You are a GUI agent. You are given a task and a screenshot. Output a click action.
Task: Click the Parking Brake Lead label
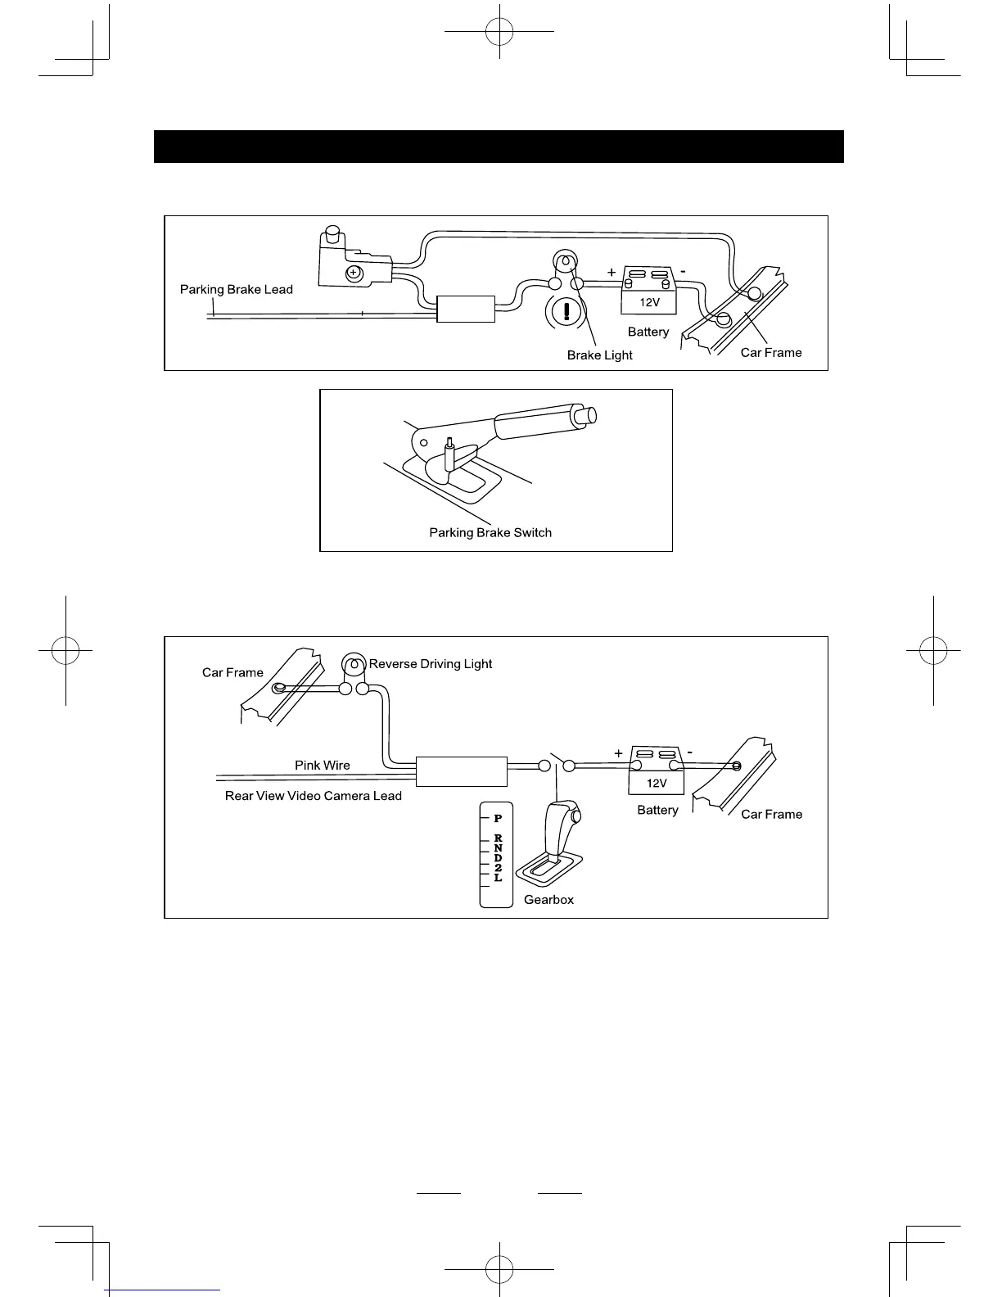pos(236,289)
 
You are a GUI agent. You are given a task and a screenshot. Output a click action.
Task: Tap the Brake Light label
pos(599,355)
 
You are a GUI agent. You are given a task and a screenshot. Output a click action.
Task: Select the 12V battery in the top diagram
pos(648,291)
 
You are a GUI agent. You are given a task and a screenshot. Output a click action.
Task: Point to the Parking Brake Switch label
pos(490,533)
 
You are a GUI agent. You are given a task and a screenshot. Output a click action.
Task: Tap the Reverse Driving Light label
pos(431,664)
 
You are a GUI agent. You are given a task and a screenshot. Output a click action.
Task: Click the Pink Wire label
pos(323,766)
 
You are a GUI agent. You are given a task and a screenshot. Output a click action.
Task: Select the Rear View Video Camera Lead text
pos(314,796)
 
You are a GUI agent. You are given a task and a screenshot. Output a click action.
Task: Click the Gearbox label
pos(548,900)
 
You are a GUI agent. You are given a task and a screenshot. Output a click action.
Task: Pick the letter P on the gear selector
pos(498,818)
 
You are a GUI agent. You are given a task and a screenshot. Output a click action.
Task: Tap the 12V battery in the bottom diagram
pos(656,771)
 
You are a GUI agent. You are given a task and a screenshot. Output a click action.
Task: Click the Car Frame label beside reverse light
pos(232,673)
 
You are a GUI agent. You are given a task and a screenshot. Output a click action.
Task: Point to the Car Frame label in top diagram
pos(771,353)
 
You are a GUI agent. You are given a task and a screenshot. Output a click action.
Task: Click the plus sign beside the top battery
pos(612,272)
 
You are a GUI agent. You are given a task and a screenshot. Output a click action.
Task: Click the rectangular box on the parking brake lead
pos(467,309)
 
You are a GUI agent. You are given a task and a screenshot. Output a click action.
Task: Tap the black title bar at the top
pos(499,147)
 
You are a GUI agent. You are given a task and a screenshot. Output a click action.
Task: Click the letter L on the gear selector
pos(498,878)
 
